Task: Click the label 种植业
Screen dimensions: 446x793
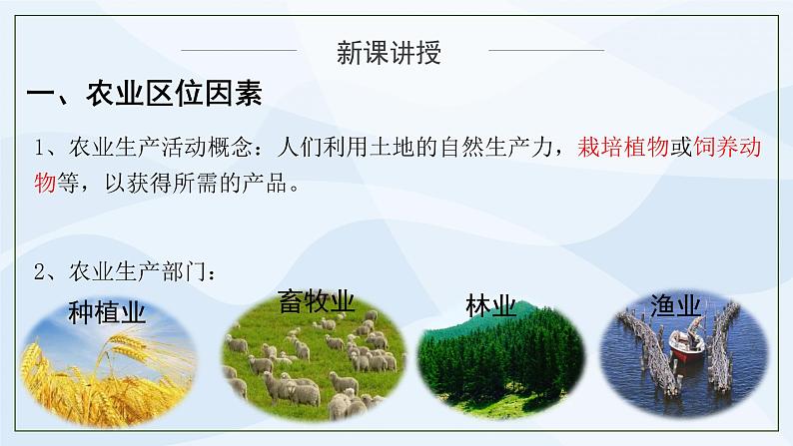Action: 107,313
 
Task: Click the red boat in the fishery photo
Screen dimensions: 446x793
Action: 686,345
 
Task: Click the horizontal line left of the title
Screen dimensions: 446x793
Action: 241,50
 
